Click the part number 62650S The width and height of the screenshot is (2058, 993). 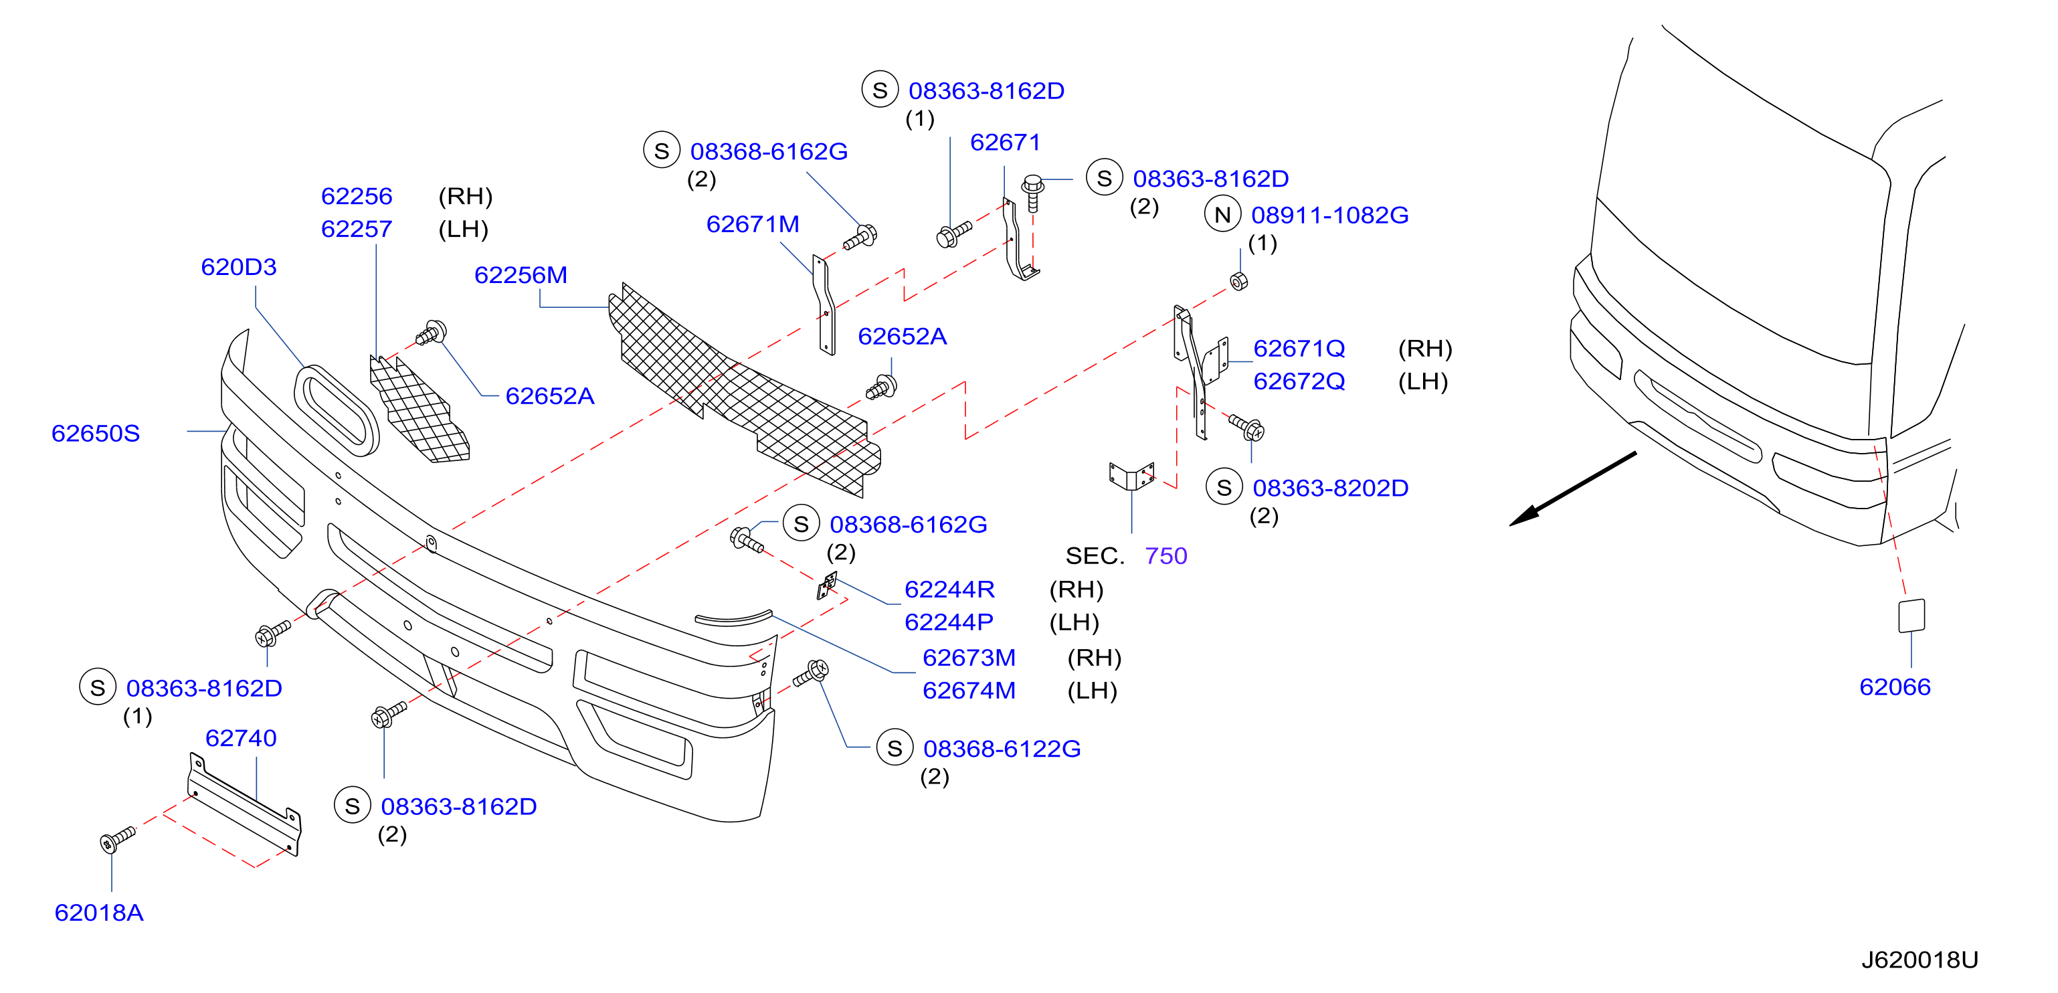[x=95, y=433]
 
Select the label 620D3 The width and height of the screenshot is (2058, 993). [x=238, y=267]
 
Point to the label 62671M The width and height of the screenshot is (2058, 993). [x=752, y=224]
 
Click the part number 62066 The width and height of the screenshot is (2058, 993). [x=1894, y=687]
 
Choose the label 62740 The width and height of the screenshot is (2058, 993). [x=240, y=738]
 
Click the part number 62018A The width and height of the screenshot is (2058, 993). [x=98, y=912]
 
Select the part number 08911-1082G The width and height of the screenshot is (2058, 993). [x=1329, y=215]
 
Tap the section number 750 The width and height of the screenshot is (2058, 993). [x=1165, y=555]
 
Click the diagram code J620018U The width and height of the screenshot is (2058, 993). [x=1919, y=960]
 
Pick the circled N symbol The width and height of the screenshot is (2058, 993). [x=1222, y=214]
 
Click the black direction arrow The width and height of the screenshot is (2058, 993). [x=1572, y=489]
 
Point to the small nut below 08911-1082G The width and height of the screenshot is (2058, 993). [x=1238, y=281]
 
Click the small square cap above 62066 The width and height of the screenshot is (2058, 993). [x=1911, y=616]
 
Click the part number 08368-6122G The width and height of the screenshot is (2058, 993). [x=1002, y=749]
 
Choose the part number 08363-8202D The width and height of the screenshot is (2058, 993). [x=1330, y=488]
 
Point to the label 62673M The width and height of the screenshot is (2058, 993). [x=968, y=658]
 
